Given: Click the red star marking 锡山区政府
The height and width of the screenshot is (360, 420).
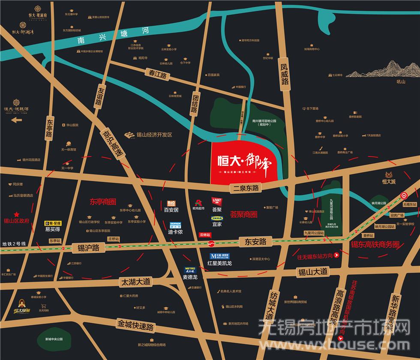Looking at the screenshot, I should [x=17, y=214].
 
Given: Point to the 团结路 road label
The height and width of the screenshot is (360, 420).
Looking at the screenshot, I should [x=194, y=103].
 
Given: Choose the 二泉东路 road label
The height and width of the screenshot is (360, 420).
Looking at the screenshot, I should [x=244, y=188].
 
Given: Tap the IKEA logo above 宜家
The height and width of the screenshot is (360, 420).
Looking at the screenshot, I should [x=216, y=218].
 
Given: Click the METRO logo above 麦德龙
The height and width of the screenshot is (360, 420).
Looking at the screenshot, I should [x=189, y=270].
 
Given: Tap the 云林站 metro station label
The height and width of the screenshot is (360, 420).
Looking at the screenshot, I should [x=205, y=235].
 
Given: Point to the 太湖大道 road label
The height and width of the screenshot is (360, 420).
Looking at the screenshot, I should [x=135, y=282].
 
